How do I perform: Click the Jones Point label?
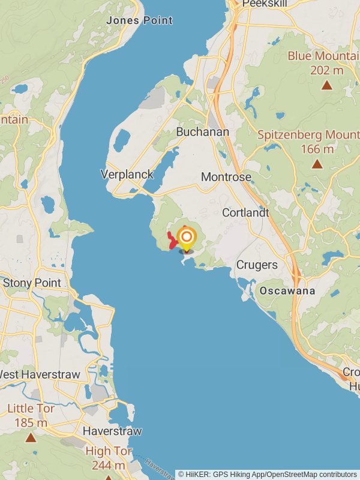pyautogui.click(x=139, y=20)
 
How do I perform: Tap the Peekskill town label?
pyautogui.click(x=265, y=4)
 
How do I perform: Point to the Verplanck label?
pyautogui.click(x=127, y=175)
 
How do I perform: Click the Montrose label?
pyautogui.click(x=226, y=177)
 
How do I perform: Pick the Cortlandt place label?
pyautogui.click(x=245, y=212)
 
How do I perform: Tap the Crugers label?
pyautogui.click(x=257, y=265)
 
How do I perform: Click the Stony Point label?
pyautogui.click(x=32, y=283)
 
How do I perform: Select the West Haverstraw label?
pyautogui.click(x=39, y=375)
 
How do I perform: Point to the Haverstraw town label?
pyautogui.click(x=112, y=431)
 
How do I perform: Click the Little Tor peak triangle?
pyautogui.click(x=31, y=438)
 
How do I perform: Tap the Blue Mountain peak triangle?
pyautogui.click(x=326, y=85)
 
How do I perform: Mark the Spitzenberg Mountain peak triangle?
pyautogui.click(x=317, y=164)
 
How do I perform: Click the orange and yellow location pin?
pyautogui.click(x=187, y=238)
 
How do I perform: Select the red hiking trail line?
pyautogui.click(x=172, y=241)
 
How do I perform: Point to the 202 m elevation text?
pyautogui.click(x=326, y=70)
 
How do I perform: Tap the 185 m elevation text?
pyautogui.click(x=31, y=423)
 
